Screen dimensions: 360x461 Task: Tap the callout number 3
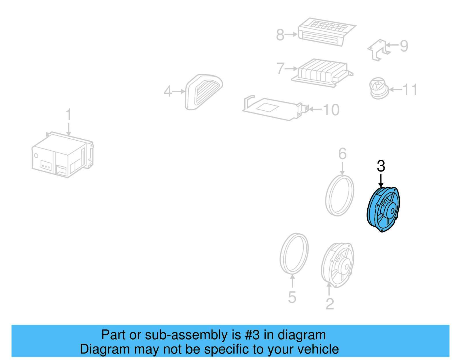(x=381, y=166)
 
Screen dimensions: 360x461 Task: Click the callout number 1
(x=68, y=114)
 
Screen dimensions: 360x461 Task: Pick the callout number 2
(x=330, y=304)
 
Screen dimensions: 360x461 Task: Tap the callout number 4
(x=168, y=92)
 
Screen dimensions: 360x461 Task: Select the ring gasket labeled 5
(x=294, y=253)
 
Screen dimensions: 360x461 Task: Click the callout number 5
(x=292, y=297)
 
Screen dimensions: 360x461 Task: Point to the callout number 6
(x=342, y=154)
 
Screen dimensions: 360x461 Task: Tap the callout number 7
(x=280, y=69)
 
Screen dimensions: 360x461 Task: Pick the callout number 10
(x=331, y=110)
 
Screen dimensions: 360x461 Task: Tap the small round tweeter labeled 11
(x=379, y=88)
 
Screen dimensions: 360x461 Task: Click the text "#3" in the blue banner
(x=252, y=335)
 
